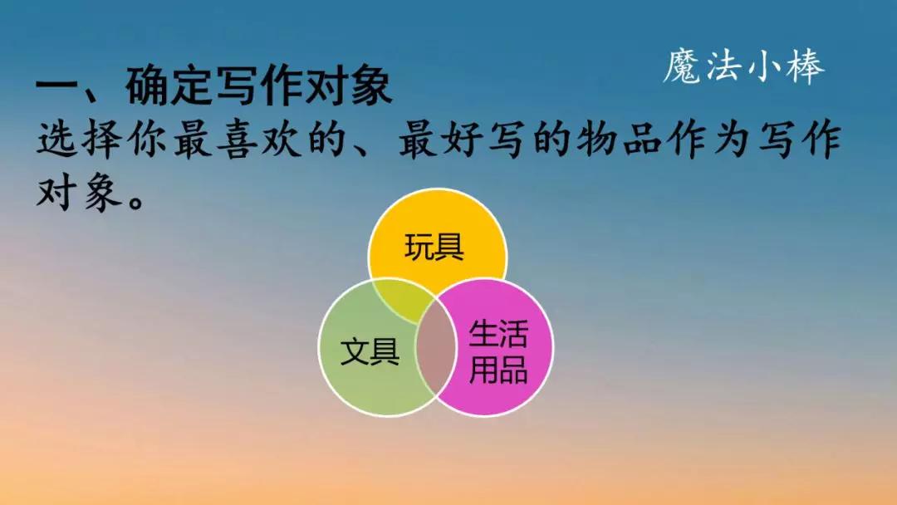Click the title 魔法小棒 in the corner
coord(743,67)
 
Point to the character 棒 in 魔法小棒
coord(804,67)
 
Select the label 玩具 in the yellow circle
coord(434,248)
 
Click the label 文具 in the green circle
coord(370,351)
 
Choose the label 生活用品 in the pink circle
coord(498,352)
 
